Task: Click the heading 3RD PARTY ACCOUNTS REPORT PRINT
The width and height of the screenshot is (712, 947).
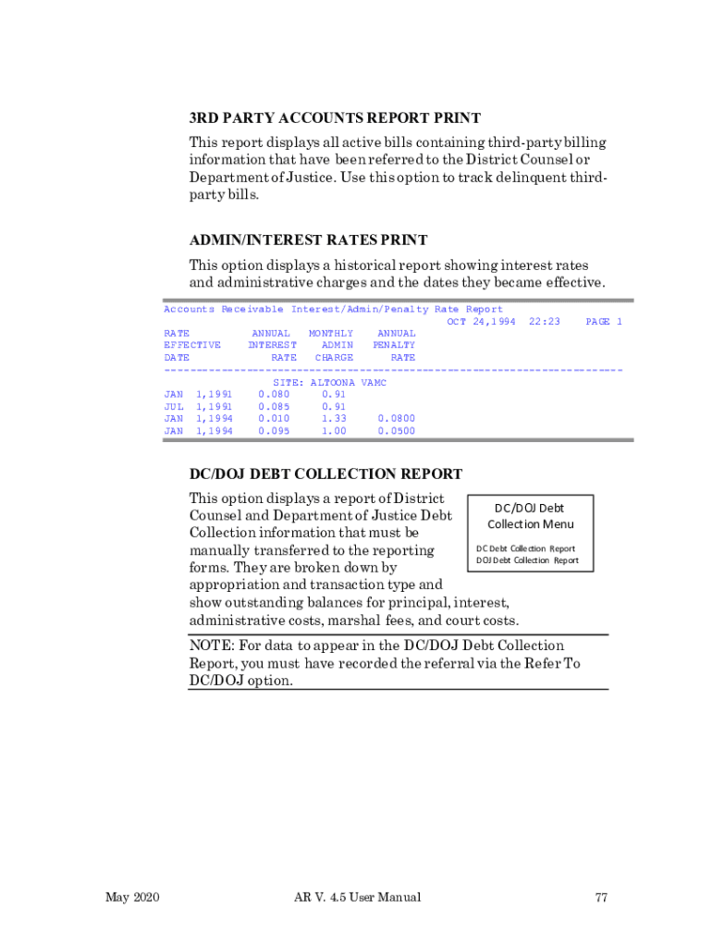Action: point(335,118)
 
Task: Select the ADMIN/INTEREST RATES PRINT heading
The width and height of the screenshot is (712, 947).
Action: point(308,240)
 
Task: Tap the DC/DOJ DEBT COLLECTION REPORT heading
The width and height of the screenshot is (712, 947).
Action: point(325,474)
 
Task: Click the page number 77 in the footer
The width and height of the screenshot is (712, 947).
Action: point(601,897)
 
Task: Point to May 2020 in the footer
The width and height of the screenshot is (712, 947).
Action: point(133,897)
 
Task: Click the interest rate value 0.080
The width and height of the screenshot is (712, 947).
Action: point(274,394)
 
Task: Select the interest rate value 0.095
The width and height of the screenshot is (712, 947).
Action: point(274,431)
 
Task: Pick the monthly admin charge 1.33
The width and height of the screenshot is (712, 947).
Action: point(334,419)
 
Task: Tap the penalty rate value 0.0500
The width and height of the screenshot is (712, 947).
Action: point(397,431)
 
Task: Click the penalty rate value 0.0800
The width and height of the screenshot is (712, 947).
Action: point(397,419)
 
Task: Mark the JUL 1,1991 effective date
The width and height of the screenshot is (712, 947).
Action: point(198,406)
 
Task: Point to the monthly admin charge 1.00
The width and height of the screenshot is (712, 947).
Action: point(334,431)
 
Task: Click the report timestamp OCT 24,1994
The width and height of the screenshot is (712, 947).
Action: point(481,322)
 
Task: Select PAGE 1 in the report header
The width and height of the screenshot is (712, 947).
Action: point(604,322)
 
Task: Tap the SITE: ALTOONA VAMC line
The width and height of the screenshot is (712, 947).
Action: point(329,382)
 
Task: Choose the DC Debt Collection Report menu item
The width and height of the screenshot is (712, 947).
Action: point(526,548)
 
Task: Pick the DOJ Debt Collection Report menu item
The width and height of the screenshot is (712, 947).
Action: point(527,560)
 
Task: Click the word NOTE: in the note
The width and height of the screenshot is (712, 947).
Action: point(211,646)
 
